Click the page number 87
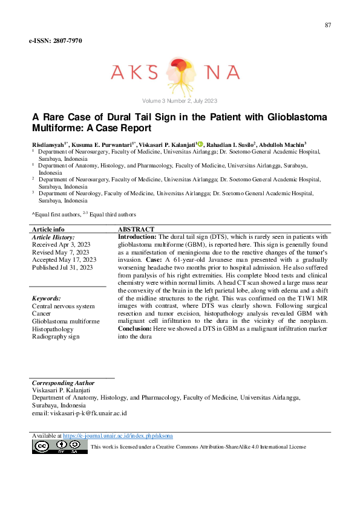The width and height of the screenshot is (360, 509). pyautogui.click(x=328, y=25)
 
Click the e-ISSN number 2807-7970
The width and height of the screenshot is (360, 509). pyautogui.click(x=55, y=41)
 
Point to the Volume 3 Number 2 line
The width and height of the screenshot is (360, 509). pyautogui.click(x=180, y=101)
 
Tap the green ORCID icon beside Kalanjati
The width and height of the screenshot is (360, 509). pyautogui.click(x=200, y=146)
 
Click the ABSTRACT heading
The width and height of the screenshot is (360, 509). pyautogui.click(x=136, y=230)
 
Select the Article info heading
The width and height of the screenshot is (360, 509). pyautogui.click(x=48, y=230)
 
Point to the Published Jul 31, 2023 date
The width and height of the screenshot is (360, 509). pyautogui.click(x=62, y=267)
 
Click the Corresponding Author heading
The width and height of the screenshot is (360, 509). pyautogui.click(x=63, y=383)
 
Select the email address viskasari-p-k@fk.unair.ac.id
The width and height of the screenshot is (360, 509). pyautogui.click(x=79, y=414)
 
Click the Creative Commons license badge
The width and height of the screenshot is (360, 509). pyautogui.click(x=59, y=447)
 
